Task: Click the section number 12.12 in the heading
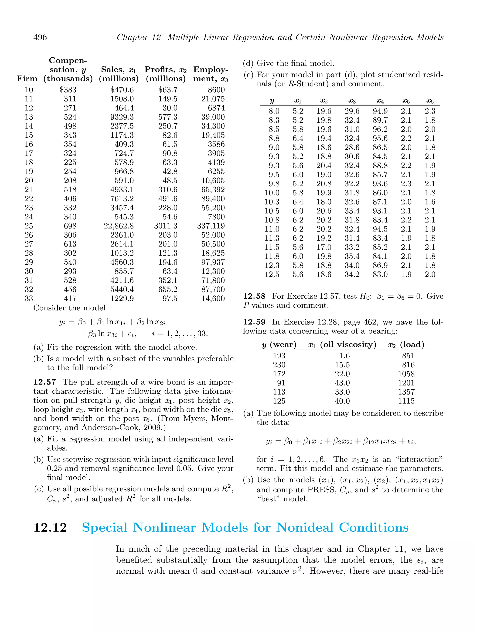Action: tap(50, 527)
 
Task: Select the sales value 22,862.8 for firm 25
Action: tap(119, 226)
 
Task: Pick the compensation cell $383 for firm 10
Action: tap(68, 90)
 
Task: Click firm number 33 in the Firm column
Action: tap(29, 298)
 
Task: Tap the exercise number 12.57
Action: tap(45, 382)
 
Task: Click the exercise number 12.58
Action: tap(254, 296)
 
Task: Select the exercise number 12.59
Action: tap(254, 322)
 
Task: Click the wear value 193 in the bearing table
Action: tap(279, 355)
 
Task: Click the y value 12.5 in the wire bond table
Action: tap(272, 274)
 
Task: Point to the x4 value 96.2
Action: tap(380, 129)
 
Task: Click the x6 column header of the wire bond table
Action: tap(430, 101)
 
